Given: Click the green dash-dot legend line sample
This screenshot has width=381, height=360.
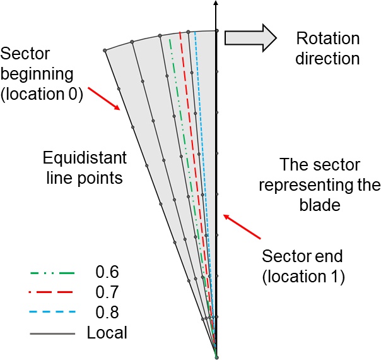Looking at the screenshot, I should pyautogui.click(x=52, y=273).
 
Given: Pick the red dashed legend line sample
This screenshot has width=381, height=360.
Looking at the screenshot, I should pyautogui.click(x=52, y=292).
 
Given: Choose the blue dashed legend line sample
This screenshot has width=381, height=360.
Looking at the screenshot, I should pyautogui.click(x=52, y=312).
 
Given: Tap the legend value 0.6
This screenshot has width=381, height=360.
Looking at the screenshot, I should pyautogui.click(x=107, y=273).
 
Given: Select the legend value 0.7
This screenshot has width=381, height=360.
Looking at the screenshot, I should pyautogui.click(x=107, y=292).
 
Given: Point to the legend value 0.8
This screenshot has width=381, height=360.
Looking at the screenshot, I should pyautogui.click(x=107, y=312).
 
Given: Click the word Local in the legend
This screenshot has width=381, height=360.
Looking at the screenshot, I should pyautogui.click(x=107, y=332).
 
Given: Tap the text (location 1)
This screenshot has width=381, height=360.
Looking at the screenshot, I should pyautogui.click(x=303, y=277).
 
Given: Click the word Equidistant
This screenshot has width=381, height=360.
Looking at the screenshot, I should pyautogui.click(x=85, y=157).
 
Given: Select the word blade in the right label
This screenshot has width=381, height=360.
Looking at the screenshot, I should pyautogui.click(x=321, y=205).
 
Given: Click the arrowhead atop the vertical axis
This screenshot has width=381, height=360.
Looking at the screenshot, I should pyautogui.click(x=216, y=4).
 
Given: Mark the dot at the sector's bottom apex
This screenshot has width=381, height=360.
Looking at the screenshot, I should pyautogui.click(x=216, y=357).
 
